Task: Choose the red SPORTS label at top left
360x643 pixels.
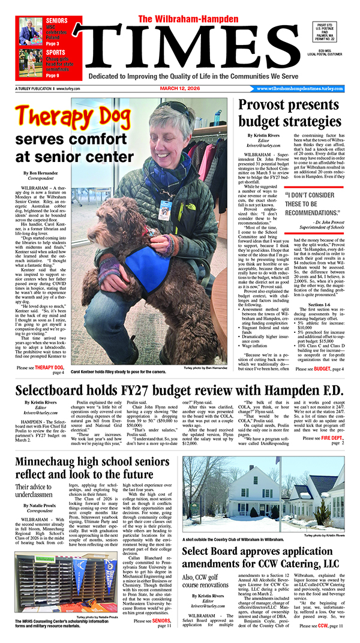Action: [x=56, y=53]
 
